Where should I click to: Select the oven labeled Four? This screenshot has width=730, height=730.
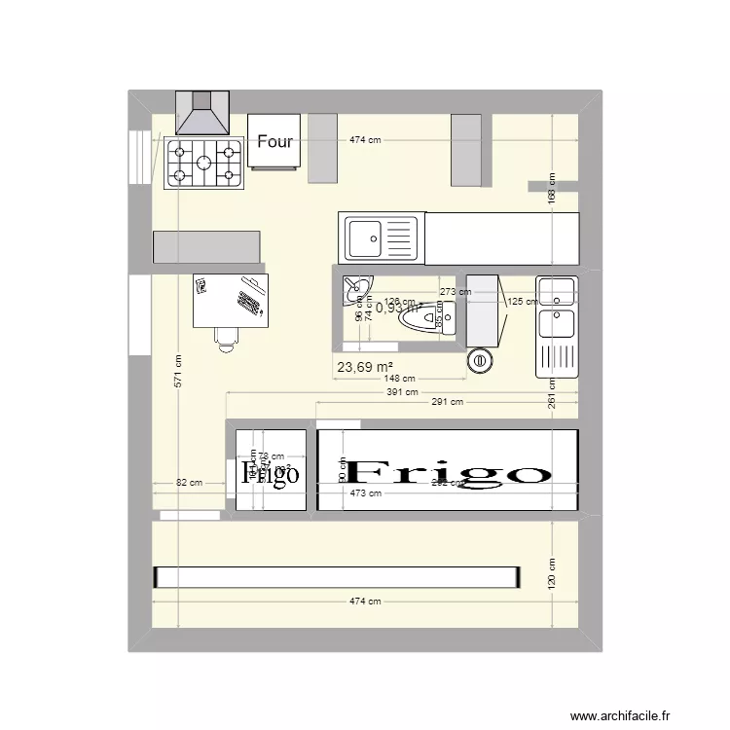pyautogui.click(x=274, y=141)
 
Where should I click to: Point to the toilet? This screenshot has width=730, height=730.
pyautogui.click(x=429, y=318)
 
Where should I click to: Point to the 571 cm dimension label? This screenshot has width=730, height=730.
pyautogui.click(x=179, y=370)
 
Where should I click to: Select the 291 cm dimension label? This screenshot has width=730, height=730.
pyautogui.click(x=447, y=401)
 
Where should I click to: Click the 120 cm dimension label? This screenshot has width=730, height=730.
pyautogui.click(x=551, y=574)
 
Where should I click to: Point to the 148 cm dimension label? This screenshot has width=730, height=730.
pyautogui.click(x=398, y=379)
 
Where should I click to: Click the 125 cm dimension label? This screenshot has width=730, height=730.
pyautogui.click(x=523, y=302)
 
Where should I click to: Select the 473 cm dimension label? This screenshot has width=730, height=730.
pyautogui.click(x=365, y=493)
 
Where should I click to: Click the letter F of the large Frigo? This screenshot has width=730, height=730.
pyautogui.click(x=365, y=473)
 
